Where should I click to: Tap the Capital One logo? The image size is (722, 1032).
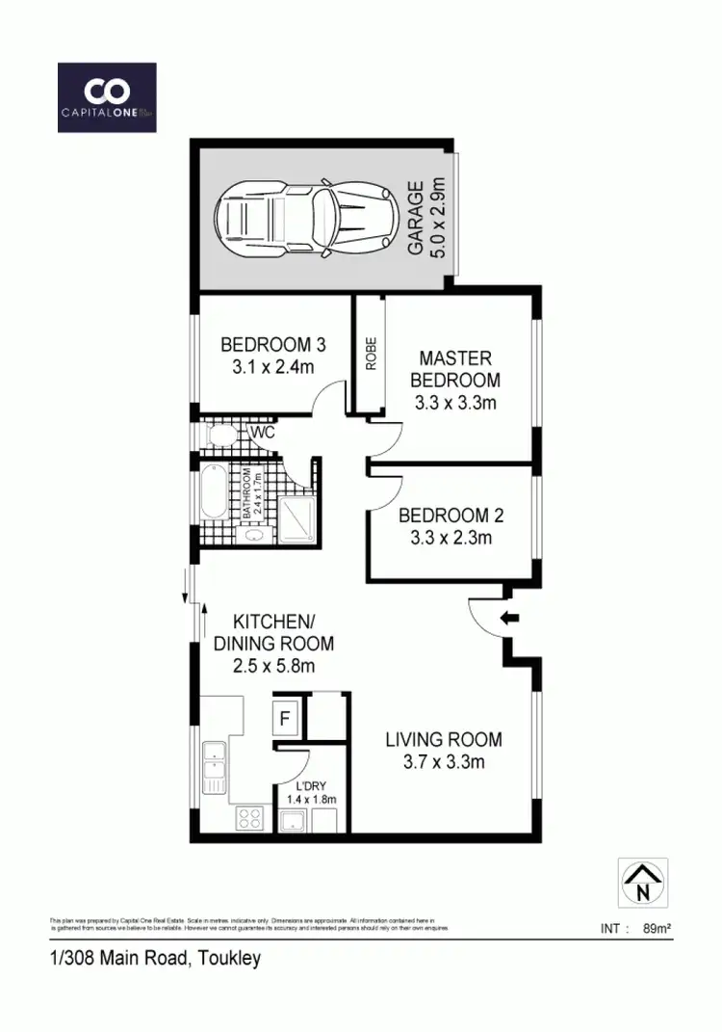107,97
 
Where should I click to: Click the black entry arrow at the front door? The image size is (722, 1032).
511,618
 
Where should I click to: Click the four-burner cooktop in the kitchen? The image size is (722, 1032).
250,818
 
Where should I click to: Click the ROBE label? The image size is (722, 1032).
369,355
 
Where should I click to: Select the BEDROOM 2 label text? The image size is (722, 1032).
451,516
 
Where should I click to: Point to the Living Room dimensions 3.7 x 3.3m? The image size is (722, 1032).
444,762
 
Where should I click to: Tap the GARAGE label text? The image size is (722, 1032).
416,230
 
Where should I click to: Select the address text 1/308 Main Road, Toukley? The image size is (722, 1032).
155,959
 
